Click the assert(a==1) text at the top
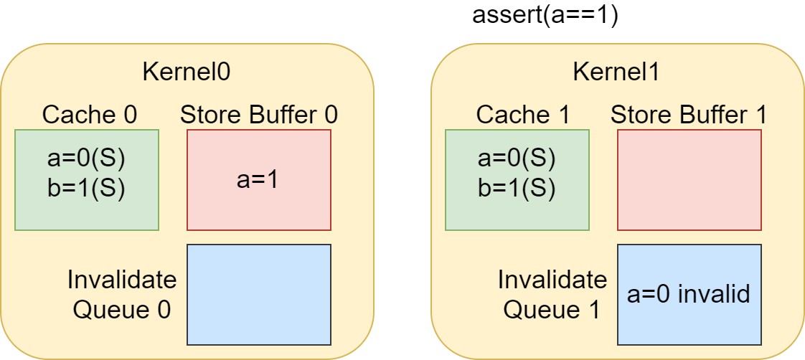pos(545,15)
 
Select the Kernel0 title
pos(187,73)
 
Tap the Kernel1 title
pos(616,73)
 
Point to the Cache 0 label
pos(90,115)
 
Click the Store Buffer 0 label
pos(259,115)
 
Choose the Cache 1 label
pos(522,115)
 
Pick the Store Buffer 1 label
pos(689,115)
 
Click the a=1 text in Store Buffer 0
pos(258,181)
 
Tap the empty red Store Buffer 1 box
pos(689,180)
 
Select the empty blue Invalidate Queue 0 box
pos(259,294)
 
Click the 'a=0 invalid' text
pos(689,294)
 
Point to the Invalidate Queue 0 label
pos(122,295)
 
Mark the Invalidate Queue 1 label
pos(552,295)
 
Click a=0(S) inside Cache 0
pos(86,160)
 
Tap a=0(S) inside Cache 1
pos(517,160)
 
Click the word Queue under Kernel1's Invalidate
pos(537,311)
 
